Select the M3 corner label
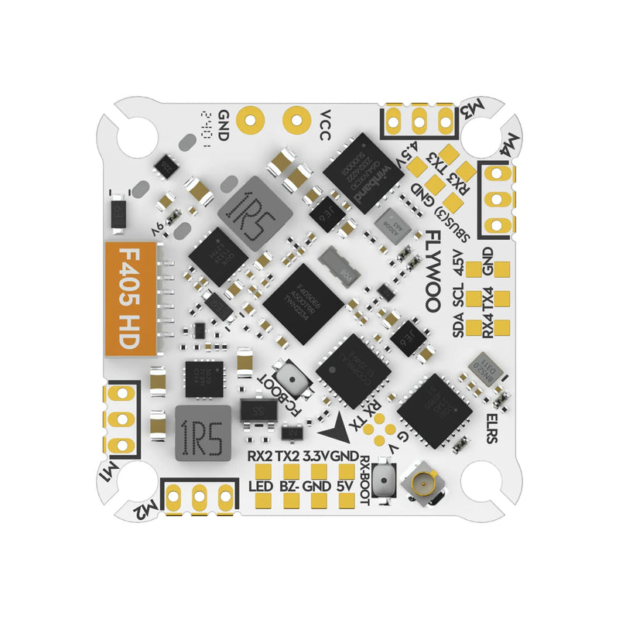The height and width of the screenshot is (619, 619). tap(468, 111)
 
